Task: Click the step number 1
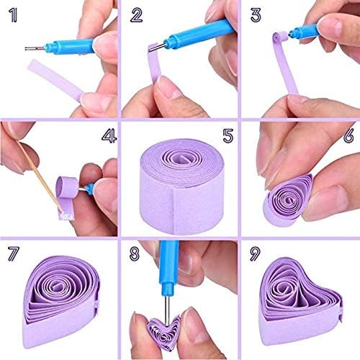tap(13, 15)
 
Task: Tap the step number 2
tap(136, 15)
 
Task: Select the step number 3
tap(256, 15)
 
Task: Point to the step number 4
tap(109, 135)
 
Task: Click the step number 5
tap(228, 136)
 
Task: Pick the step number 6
tap(348, 135)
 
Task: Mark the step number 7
tap(14, 254)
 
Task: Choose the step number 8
tap(135, 254)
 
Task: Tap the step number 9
tap(255, 254)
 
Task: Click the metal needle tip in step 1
tap(25, 49)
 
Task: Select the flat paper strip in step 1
tap(55, 80)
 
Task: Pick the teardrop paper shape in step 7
tap(61, 301)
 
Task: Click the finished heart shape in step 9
tap(300, 301)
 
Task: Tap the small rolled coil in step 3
tap(280, 37)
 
